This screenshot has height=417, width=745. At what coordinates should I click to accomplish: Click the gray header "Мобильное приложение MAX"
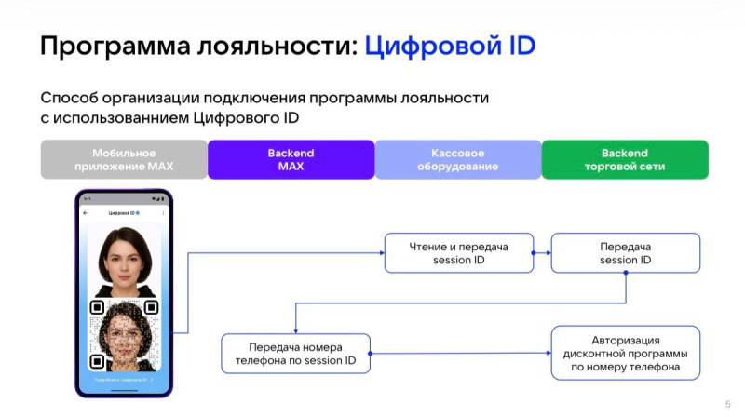[124, 159]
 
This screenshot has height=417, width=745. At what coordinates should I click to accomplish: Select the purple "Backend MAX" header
[291, 159]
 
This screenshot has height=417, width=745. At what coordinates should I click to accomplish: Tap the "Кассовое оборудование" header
[457, 159]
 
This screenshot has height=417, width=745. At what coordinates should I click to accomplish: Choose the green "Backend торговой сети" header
[624, 159]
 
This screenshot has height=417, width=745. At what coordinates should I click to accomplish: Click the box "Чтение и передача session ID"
[459, 253]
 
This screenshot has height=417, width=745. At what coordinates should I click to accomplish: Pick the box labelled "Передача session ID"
[625, 253]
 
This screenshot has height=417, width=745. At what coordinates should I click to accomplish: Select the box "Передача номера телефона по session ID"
[295, 354]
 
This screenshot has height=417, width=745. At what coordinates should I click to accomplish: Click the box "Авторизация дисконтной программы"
[625, 353]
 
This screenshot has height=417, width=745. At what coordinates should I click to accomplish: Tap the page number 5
[727, 403]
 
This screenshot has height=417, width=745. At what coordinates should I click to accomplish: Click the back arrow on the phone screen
[87, 213]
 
